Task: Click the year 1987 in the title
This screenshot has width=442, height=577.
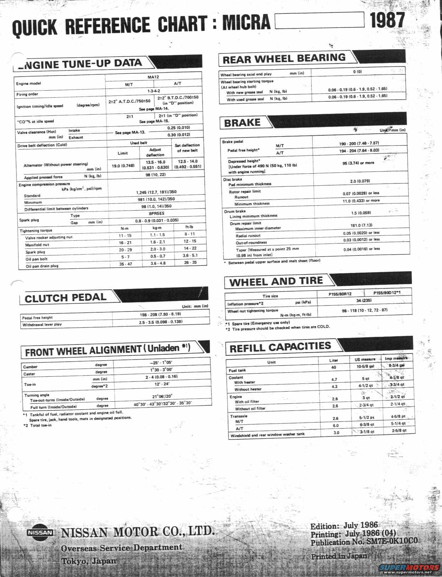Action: coord(387,20)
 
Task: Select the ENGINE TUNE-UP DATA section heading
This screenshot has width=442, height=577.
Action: coord(80,64)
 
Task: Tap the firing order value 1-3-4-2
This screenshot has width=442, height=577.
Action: coord(154,91)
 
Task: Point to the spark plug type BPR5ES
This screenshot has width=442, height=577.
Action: coord(157,213)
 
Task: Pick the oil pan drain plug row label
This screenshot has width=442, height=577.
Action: coord(42,266)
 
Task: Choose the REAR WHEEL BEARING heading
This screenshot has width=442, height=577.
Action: coord(284,59)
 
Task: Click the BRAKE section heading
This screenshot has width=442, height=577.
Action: coord(242,123)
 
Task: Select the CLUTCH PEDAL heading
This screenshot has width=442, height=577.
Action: coord(66,298)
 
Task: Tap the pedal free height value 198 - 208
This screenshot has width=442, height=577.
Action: coord(160,314)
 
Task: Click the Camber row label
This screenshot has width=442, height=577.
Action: coord(30,367)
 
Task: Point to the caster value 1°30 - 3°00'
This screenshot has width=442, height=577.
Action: coord(161,370)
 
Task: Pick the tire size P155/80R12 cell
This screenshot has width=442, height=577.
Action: coord(340,294)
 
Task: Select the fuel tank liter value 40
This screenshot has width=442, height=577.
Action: coord(334,368)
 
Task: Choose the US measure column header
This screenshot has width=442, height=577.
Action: coord(365,359)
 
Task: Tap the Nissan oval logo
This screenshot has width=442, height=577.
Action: coord(40,532)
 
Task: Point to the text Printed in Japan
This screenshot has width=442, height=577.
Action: coord(339,556)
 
